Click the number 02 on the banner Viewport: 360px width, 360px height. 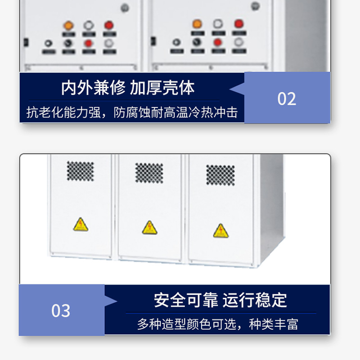point(287,99)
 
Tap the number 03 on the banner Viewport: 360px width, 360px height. point(61,310)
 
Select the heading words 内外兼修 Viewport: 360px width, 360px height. point(93,88)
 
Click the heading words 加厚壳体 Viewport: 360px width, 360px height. point(162,88)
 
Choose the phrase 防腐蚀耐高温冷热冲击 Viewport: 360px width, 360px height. point(175,112)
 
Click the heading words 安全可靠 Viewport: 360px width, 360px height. point(186,300)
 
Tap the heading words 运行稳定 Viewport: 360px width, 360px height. point(255,300)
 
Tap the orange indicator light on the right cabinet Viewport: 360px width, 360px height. point(197,23)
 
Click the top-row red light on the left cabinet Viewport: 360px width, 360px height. point(108,25)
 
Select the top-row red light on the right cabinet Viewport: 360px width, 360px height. point(238,23)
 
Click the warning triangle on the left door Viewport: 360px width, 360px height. point(81,225)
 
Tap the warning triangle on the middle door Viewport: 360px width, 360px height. point(150,228)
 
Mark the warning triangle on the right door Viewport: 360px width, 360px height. point(220,231)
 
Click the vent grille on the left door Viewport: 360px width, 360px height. point(81,171)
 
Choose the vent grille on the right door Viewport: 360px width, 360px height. point(220,175)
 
